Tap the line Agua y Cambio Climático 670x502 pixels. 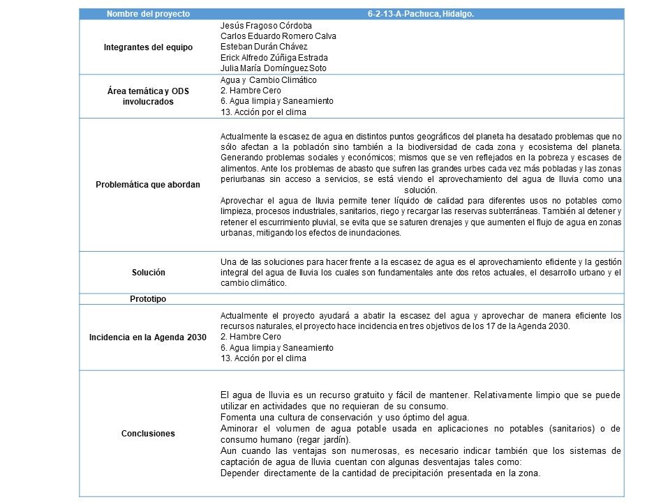pyautogui.click(x=258, y=80)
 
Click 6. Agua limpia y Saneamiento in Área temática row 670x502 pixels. pyautogui.click(x=267, y=101)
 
